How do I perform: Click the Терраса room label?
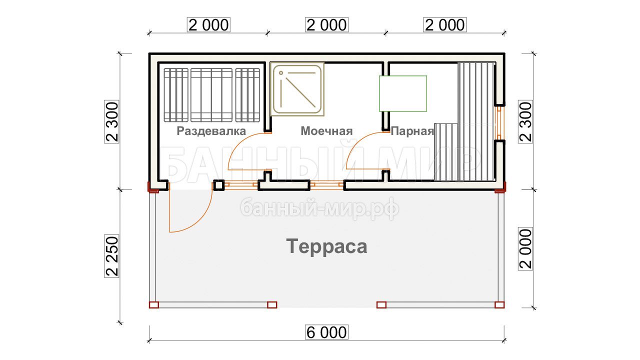click(326, 246)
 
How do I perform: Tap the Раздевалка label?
click(211, 131)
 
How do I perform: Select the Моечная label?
click(326, 131)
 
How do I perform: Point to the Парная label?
click(412, 131)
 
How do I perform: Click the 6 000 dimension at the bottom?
click(326, 332)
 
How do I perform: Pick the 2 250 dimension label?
click(112, 256)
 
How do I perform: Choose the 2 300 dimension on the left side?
click(112, 121)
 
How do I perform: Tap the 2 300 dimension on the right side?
click(525, 121)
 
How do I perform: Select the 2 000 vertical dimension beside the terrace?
click(525, 249)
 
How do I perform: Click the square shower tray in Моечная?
click(297, 89)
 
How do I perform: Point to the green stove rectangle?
click(403, 93)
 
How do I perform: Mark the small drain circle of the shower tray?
click(281, 73)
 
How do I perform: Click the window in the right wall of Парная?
click(499, 123)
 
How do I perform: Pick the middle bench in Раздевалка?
click(211, 95)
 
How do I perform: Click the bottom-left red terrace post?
click(153, 305)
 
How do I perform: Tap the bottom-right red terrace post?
click(499, 305)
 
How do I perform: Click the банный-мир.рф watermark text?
click(320, 208)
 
